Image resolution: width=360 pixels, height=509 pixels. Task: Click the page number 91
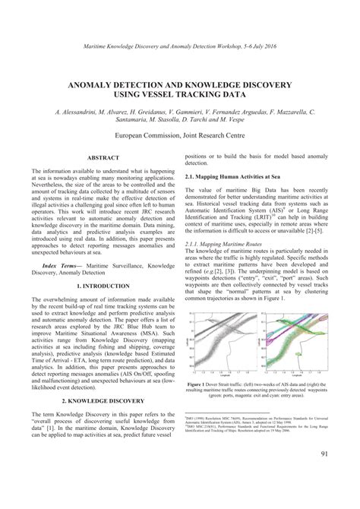pos(324,476)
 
